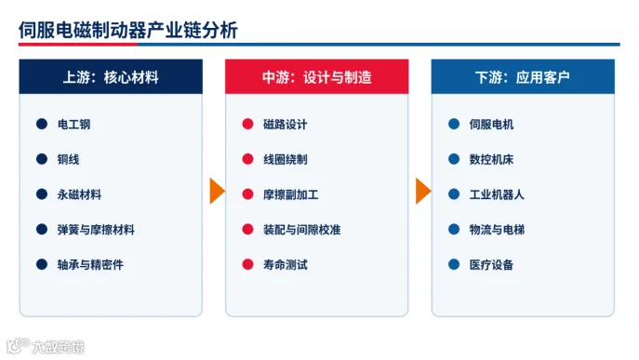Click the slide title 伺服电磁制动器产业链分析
click(128, 30)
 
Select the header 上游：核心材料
click(111, 77)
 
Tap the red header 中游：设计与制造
click(317, 77)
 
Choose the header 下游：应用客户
click(523, 77)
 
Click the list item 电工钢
click(73, 124)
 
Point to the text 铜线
click(69, 159)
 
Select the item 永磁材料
click(79, 194)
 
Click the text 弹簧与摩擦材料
click(96, 230)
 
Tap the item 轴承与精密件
click(90, 264)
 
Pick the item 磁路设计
click(286, 124)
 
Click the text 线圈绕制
click(286, 159)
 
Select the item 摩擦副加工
click(290, 194)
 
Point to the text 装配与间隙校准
click(302, 230)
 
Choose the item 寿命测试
click(286, 264)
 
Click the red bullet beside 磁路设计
click(247, 124)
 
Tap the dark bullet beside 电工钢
click(42, 124)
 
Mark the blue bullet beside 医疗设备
click(454, 264)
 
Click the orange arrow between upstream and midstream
click(217, 191)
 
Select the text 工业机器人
click(497, 194)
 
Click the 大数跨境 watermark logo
click(46, 347)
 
